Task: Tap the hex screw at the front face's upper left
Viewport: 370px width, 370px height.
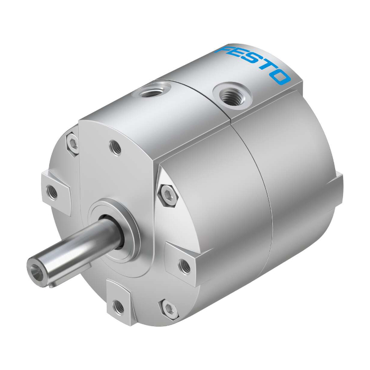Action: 72,143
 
